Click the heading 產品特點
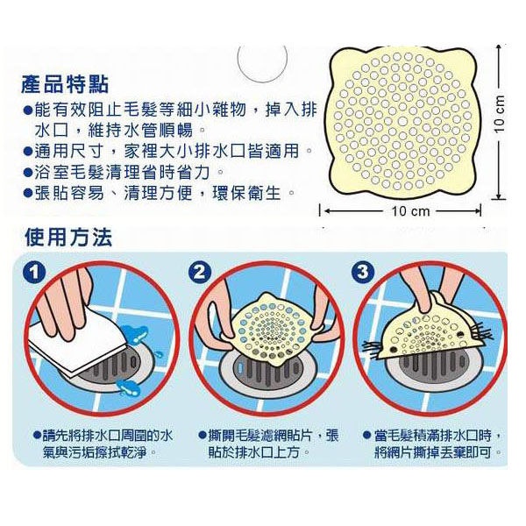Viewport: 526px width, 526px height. point(65,84)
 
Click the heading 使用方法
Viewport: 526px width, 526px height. point(68,238)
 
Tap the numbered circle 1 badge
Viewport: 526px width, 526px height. point(34,272)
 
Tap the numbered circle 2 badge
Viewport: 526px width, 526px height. point(199,272)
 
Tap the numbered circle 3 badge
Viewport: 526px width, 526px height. point(363,272)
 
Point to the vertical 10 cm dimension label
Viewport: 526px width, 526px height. point(500,113)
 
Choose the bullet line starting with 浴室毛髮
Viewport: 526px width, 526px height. point(124,173)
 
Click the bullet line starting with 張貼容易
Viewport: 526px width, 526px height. point(160,193)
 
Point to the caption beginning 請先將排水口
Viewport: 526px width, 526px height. point(103,444)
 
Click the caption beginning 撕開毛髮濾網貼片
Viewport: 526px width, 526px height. point(268,444)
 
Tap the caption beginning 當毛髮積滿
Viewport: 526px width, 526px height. point(433,444)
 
